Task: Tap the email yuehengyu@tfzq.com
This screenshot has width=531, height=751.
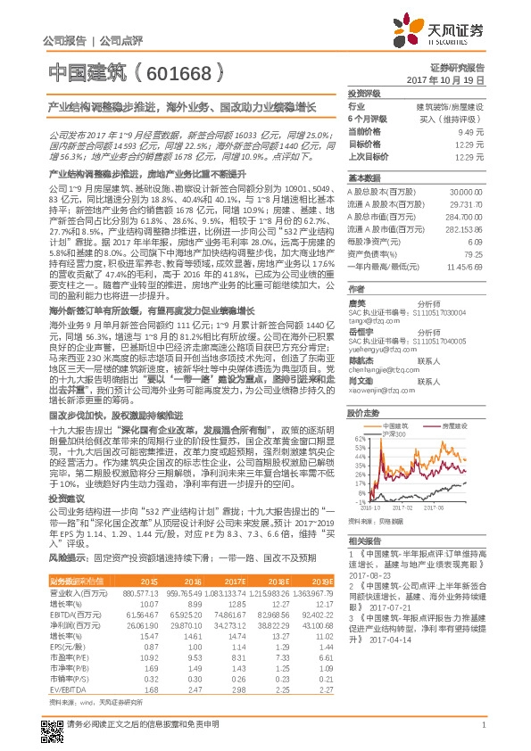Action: pyautogui.click(x=376, y=348)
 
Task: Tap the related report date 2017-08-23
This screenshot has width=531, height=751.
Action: pyautogui.click(x=367, y=575)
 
